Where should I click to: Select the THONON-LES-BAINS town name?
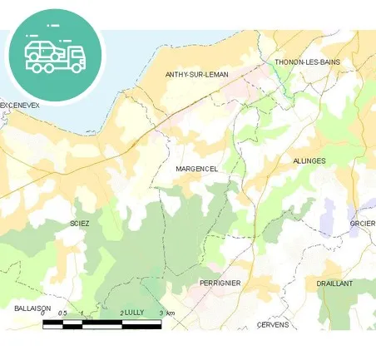pyautogui.click(x=307, y=62)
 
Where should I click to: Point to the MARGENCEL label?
pyautogui.click(x=197, y=169)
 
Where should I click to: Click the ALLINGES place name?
pyautogui.click(x=309, y=160)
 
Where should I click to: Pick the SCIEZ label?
pyautogui.click(x=80, y=224)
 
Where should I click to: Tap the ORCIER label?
pyautogui.click(x=363, y=223)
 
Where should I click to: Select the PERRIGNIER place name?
pyautogui.click(x=220, y=283)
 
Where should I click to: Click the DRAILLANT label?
pyautogui.click(x=335, y=283)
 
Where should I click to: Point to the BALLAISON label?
pyautogui.click(x=33, y=308)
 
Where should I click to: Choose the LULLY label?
pyautogui.click(x=135, y=313)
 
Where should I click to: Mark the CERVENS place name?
pyautogui.click(x=273, y=324)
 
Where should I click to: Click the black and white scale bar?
pyautogui.click(x=101, y=323)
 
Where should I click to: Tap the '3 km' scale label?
pyautogui.click(x=166, y=313)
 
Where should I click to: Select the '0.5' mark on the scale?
pyautogui.click(x=63, y=313)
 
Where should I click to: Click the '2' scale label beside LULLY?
pyautogui.click(x=122, y=313)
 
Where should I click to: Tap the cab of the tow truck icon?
pyautogui.click(x=76, y=56)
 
